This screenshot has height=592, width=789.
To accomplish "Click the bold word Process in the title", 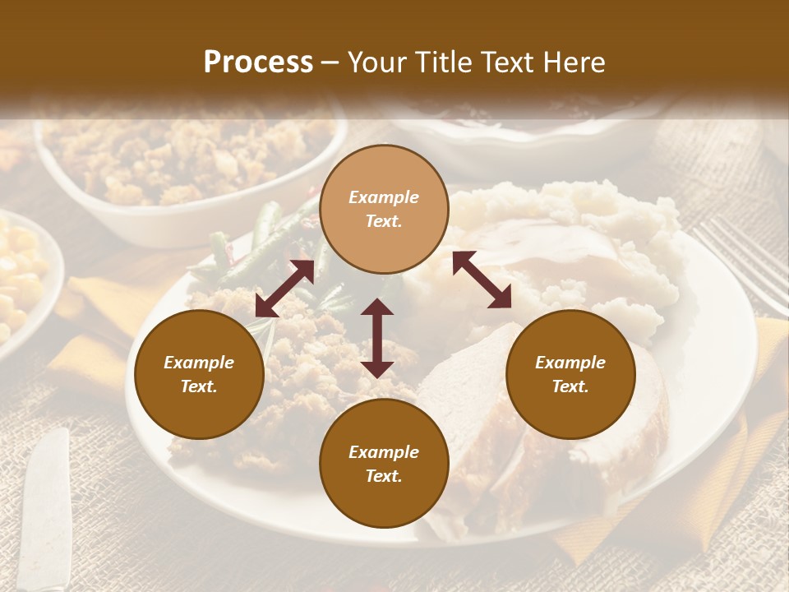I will coord(258,62).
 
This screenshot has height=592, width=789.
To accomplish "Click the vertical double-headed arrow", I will coord(377,338).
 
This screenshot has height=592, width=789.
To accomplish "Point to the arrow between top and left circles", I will coord(284,289).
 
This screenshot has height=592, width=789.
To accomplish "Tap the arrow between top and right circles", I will coord(482,280).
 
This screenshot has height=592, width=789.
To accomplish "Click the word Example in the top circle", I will coord(384,197).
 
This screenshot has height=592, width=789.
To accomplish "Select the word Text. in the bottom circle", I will coord(384,476).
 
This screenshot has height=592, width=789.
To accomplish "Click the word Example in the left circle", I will coord(199,363).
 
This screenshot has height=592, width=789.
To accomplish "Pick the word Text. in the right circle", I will coord(570,386).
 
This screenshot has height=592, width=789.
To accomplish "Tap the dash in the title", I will coord(330,62).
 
